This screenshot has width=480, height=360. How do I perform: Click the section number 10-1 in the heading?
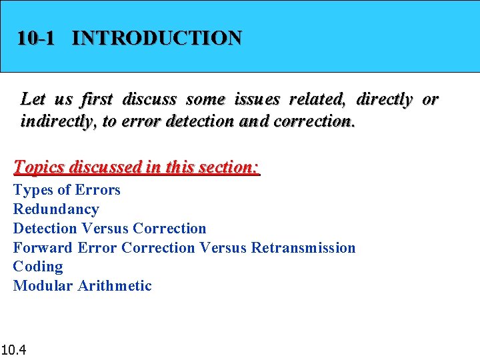36,38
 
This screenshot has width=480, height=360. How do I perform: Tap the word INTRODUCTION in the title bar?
157,38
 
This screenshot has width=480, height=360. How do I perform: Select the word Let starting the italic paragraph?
33,100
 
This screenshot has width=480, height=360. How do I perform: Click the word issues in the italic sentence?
257,100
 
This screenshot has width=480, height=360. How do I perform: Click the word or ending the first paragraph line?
431,100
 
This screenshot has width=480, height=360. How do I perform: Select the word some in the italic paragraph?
205,100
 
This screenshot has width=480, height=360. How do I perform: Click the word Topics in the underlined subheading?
39,167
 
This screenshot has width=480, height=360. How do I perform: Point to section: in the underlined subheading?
227,167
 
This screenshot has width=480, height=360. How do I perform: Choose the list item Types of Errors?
67,190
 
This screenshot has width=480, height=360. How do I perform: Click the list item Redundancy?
56,209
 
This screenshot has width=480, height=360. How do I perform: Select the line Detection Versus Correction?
109,229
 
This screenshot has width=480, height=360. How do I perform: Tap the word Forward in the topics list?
43,248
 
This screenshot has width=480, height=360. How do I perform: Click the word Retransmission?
303,248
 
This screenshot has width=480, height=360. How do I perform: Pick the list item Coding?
38,267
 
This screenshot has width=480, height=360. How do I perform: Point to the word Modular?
43,286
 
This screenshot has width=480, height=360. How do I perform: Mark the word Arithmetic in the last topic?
115,286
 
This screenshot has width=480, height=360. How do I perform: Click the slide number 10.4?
13,349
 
